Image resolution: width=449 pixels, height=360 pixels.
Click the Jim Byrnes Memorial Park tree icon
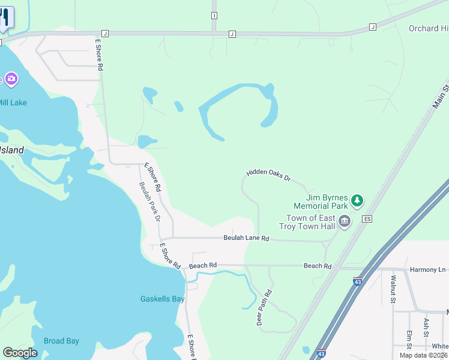pyautogui.click(x=357, y=199)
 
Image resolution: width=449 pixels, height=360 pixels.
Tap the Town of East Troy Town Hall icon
pyautogui.click(x=345, y=222)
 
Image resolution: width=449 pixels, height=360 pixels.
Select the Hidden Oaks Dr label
pyautogui.click(x=268, y=175)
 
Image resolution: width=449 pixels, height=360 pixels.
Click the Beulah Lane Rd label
pyautogui.click(x=246, y=238)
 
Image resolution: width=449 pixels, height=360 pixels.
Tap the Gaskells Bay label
pyautogui.click(x=162, y=299)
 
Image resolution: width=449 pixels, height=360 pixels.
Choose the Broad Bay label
pyautogui.click(x=61, y=341)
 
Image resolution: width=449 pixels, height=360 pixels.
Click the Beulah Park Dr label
pyautogui.click(x=149, y=202)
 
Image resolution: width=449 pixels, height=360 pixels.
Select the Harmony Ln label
pyautogui.click(x=427, y=269)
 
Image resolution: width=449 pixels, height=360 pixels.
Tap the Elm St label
pyautogui.click(x=409, y=339)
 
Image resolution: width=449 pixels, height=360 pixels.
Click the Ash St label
pyautogui.click(x=426, y=327)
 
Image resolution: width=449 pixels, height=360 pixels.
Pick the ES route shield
pyautogui.click(x=367, y=219)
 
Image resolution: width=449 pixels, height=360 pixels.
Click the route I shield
pyautogui.click(x=214, y=15)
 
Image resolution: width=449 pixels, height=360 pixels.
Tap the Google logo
pyautogui.click(x=20, y=353)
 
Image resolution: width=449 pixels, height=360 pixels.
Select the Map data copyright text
pyautogui.click(x=423, y=355)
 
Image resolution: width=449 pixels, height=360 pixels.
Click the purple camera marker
pyautogui.click(x=11, y=79)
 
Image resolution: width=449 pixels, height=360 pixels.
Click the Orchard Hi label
pyautogui.click(x=428, y=28)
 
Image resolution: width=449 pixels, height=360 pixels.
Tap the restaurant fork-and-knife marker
pyautogui.click(x=5, y=17)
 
